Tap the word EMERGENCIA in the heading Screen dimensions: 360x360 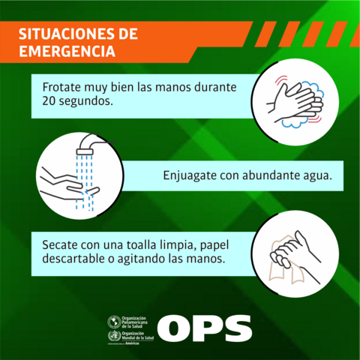[66, 53]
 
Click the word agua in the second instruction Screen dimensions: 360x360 [316, 177]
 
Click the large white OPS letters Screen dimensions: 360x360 [204, 328]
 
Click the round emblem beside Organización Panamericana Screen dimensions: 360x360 [113, 322]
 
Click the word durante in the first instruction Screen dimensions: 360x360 [214, 87]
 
